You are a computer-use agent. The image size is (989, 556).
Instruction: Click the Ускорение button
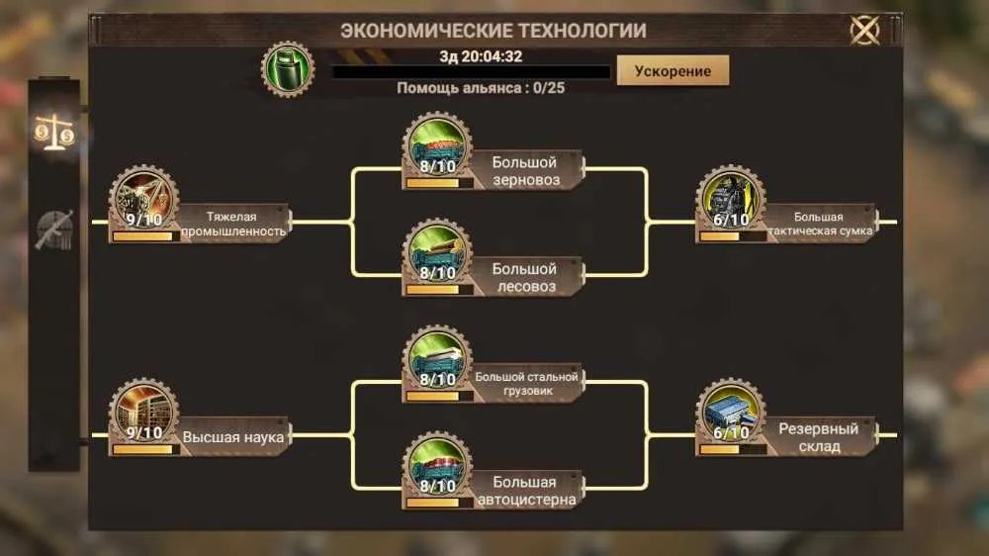click(x=673, y=70)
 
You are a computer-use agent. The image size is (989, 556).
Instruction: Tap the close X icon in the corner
click(x=864, y=30)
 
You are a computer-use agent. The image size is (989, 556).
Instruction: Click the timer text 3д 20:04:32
click(x=481, y=56)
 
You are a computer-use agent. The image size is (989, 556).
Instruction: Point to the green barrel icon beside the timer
click(x=288, y=69)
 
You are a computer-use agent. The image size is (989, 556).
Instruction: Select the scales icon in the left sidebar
click(x=54, y=132)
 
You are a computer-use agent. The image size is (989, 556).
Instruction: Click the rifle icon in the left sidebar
click(x=54, y=230)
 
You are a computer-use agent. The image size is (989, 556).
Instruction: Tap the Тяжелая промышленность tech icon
click(x=143, y=201)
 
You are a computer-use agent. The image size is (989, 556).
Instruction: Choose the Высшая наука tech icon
click(x=143, y=414)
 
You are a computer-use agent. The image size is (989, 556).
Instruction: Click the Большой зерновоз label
click(x=525, y=171)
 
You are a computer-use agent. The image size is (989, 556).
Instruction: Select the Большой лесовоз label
click(x=525, y=278)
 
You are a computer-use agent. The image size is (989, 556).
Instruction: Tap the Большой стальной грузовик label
click(x=527, y=384)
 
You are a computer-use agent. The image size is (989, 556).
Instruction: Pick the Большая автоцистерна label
click(x=526, y=491)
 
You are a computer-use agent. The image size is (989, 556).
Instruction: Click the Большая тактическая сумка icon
click(x=731, y=201)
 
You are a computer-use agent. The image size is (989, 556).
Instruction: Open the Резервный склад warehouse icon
click(x=731, y=414)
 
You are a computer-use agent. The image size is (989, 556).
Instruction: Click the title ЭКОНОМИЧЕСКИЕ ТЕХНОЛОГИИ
click(x=494, y=31)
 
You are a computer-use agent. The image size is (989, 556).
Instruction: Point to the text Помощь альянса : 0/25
click(x=481, y=88)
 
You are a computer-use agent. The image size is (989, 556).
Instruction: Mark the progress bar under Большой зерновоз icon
click(x=439, y=183)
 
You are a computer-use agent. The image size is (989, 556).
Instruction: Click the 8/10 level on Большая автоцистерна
click(x=437, y=486)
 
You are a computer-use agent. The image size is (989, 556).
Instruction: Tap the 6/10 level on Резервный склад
click(x=731, y=433)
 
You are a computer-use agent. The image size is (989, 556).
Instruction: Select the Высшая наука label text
click(x=232, y=437)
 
